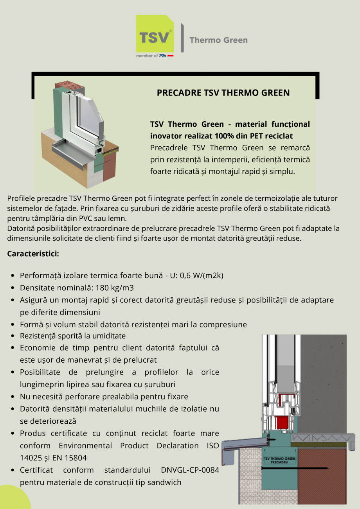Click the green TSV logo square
coord(155,34)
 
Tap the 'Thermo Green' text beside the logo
coord(218,40)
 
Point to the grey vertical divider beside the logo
coord(182,38)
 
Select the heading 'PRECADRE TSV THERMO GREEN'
coord(223,93)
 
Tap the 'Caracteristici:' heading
coord(33,254)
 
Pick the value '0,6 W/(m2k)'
coord(202,275)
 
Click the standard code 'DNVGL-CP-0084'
coord(190,470)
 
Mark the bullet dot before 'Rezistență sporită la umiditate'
coord(14,336)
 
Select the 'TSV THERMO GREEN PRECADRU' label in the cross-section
coord(279,460)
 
